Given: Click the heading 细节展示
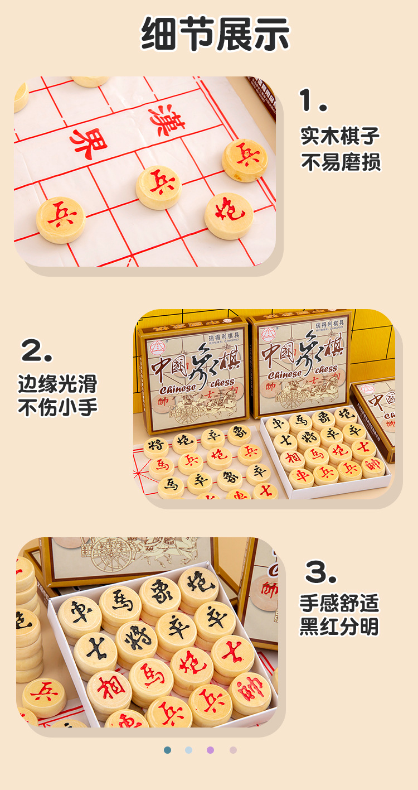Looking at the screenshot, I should pyautogui.click(x=215, y=35).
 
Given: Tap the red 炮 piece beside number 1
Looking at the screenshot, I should pyautogui.click(x=229, y=215).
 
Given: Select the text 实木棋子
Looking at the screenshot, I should pyautogui.click(x=340, y=136).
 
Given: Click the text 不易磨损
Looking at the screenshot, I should pyautogui.click(x=340, y=162).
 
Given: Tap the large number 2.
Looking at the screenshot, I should pyautogui.click(x=37, y=351).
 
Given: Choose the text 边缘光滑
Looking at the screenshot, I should pyautogui.click(x=57, y=384).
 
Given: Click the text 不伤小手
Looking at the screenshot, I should pyautogui.click(x=57, y=407).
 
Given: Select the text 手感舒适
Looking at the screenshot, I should pyautogui.click(x=339, y=603).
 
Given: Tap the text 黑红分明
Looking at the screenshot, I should pyautogui.click(x=339, y=627).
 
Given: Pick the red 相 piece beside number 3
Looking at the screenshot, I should pyautogui.click(x=109, y=688).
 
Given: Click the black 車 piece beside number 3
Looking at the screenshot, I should pyautogui.click(x=80, y=613).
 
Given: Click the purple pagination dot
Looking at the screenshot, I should pyautogui.click(x=210, y=750).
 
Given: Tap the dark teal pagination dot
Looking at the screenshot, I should pyautogui.click(x=167, y=750).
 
